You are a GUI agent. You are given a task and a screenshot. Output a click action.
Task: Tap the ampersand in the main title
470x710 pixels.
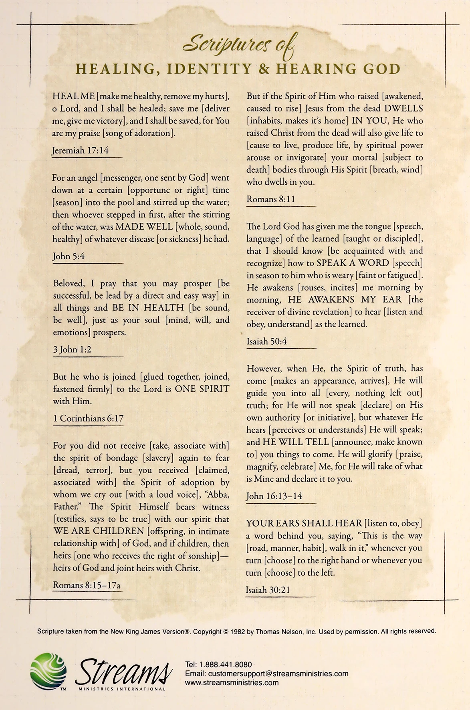265,69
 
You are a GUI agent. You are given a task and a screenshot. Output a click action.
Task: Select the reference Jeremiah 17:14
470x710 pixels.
80,151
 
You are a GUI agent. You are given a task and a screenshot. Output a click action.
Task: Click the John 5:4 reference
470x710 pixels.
69,256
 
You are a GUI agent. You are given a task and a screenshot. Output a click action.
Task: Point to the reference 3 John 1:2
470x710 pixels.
72,349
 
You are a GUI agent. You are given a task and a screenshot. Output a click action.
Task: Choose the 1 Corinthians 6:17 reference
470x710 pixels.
88,418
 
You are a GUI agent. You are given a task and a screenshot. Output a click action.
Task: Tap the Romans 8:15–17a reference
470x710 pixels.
87,585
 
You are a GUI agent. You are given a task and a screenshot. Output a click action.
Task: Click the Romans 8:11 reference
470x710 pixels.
267,199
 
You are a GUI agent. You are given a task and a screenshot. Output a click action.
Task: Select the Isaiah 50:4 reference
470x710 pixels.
266,342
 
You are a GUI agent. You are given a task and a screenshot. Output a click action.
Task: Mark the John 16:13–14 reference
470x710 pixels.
274,496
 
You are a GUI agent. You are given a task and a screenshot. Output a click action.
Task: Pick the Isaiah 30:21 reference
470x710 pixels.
268,590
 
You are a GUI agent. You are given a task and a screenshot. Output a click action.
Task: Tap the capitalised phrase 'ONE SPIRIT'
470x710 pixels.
202,389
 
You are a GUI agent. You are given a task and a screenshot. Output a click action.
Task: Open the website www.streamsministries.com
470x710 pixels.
232,682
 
